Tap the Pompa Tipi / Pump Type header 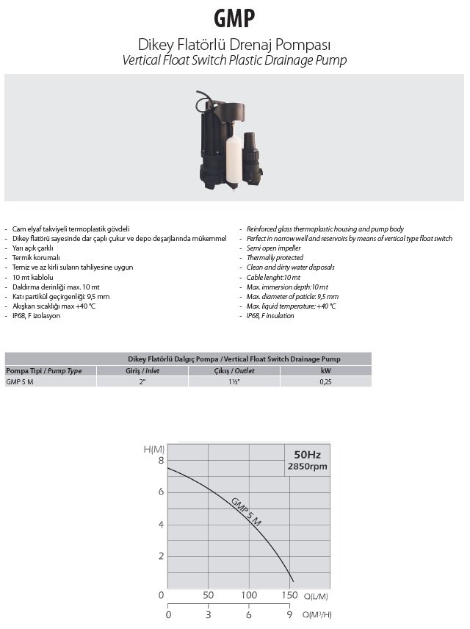44,370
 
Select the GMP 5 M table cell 20,381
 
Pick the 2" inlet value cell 142,381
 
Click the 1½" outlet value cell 234,381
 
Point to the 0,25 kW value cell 325,381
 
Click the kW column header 325,370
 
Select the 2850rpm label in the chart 307,467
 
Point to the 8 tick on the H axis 161,461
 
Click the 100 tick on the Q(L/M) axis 249,594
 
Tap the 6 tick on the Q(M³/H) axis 249,614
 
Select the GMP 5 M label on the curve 246,512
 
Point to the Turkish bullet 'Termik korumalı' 36,258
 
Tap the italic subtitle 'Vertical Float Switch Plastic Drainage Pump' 235,60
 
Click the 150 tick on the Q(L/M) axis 289,594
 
